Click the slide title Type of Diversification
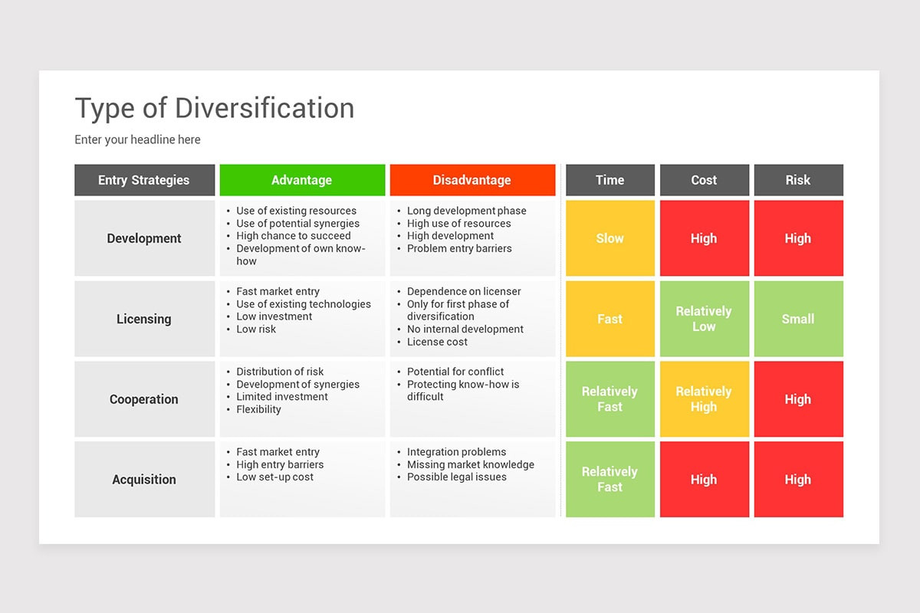(215, 109)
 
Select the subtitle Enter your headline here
(137, 139)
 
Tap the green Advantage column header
(301, 180)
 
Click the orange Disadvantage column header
(472, 180)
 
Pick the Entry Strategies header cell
(144, 180)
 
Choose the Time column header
(609, 180)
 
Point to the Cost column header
(704, 180)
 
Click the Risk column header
(797, 180)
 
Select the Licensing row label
(144, 319)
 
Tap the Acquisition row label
(144, 480)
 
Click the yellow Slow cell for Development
(609, 238)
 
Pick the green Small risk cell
(797, 319)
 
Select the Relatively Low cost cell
(704, 319)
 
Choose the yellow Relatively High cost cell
(704, 399)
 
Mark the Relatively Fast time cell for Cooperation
(609, 399)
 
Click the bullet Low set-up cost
(274, 477)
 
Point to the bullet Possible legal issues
(456, 477)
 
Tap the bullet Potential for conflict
(455, 372)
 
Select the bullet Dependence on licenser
(463, 291)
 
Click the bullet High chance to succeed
(293, 236)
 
